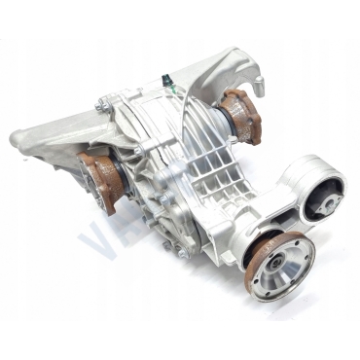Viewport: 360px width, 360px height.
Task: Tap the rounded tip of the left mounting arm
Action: pyautogui.click(x=18, y=140)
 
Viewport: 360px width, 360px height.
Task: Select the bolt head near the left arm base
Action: pyautogui.click(x=100, y=106)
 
